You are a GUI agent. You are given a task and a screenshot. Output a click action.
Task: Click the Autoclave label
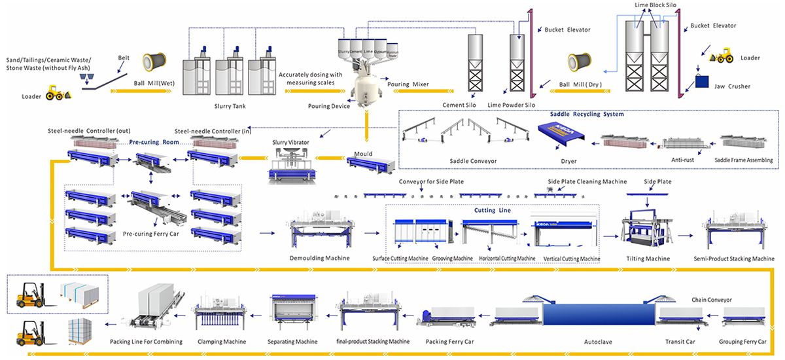pyautogui.click(x=593, y=342)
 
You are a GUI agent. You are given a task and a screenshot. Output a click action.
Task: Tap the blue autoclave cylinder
pyautogui.click(x=594, y=314)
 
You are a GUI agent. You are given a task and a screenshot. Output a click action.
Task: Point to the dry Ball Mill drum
pyautogui.click(x=580, y=63)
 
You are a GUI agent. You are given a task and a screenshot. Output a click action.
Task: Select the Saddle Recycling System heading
pyautogui.click(x=588, y=114)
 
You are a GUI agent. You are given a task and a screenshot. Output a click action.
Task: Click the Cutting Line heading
pyautogui.click(x=493, y=211)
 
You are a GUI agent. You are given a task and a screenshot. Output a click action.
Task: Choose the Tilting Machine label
pyautogui.click(x=648, y=259)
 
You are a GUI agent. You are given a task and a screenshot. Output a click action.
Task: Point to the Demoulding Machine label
pyautogui.click(x=319, y=258)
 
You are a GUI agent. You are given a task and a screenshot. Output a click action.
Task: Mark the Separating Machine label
pyautogui.click(x=292, y=342)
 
